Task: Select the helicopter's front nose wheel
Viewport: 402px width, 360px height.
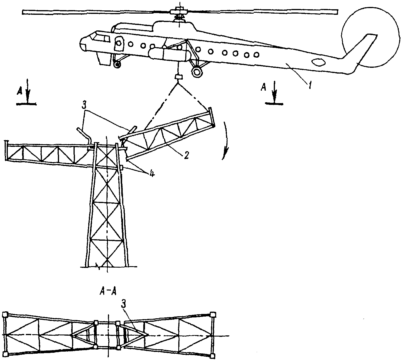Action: tap(117, 65)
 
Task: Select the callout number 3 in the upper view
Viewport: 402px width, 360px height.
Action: tap(84, 106)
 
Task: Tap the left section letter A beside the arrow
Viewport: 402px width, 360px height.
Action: tap(20, 92)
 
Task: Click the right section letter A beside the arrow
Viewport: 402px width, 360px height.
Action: tap(263, 87)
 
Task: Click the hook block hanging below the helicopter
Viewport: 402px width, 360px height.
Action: tap(178, 77)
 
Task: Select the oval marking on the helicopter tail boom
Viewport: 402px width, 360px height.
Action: tap(318, 63)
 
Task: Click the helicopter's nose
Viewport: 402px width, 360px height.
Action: tap(83, 44)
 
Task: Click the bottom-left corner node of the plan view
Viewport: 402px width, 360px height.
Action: tap(5, 354)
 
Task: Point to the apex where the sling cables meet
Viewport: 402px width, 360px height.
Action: tap(178, 84)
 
